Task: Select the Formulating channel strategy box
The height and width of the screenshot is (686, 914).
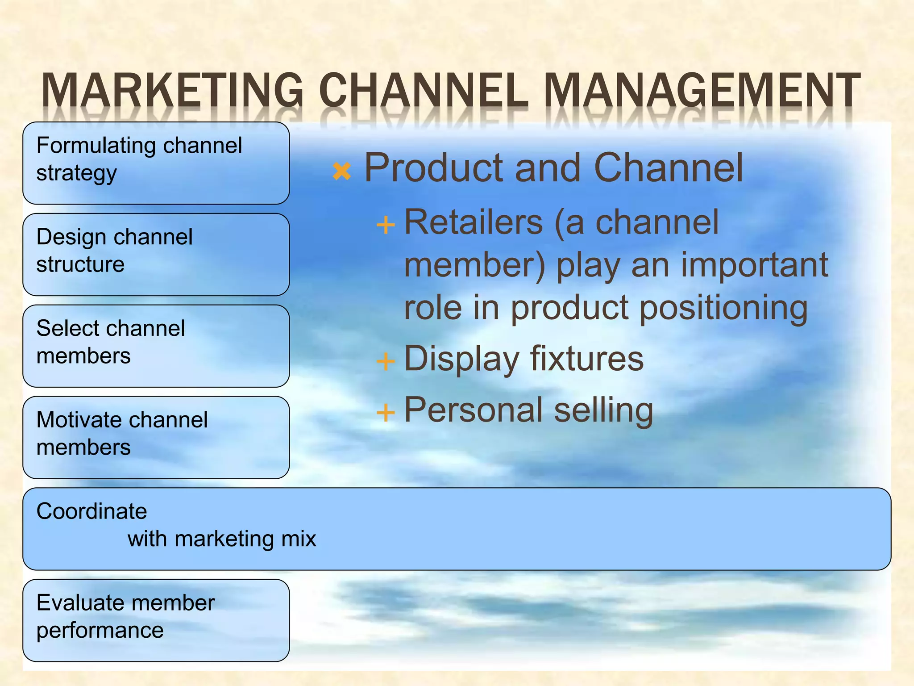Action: point(156,163)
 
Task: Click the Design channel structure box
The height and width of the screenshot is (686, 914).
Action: point(156,255)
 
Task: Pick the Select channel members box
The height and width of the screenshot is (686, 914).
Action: point(156,346)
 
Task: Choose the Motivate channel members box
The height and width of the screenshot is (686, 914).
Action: point(156,438)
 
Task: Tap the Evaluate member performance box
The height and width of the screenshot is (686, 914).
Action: point(156,620)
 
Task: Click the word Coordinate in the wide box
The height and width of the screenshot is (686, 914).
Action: point(91,511)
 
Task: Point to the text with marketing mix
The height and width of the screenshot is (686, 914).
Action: point(222,539)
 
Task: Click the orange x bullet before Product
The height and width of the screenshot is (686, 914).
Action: point(342,171)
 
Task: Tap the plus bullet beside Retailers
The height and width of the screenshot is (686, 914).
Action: point(386,225)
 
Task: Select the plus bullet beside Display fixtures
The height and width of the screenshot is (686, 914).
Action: point(386,361)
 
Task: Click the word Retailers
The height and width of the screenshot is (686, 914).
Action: point(473,222)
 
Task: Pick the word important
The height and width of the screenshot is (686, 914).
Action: point(754,265)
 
